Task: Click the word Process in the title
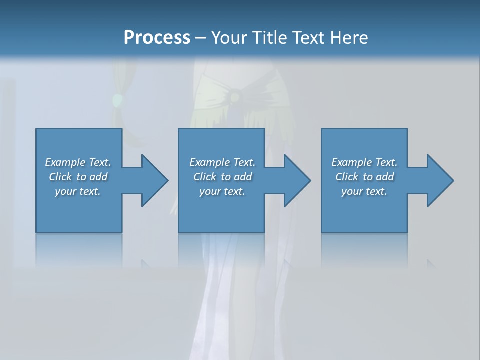[x=157, y=38]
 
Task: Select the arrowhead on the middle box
[x=296, y=180]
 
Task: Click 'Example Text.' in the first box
[x=78, y=162]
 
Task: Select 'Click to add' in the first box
[x=78, y=177]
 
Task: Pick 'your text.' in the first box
[x=78, y=191]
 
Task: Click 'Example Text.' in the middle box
[x=222, y=162]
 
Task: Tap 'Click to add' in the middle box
[x=222, y=177]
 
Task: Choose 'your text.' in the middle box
[x=222, y=191]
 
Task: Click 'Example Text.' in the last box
[x=364, y=162]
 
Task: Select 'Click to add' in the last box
[x=364, y=177]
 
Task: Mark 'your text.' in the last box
[x=364, y=191]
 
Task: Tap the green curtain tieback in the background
[x=117, y=101]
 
